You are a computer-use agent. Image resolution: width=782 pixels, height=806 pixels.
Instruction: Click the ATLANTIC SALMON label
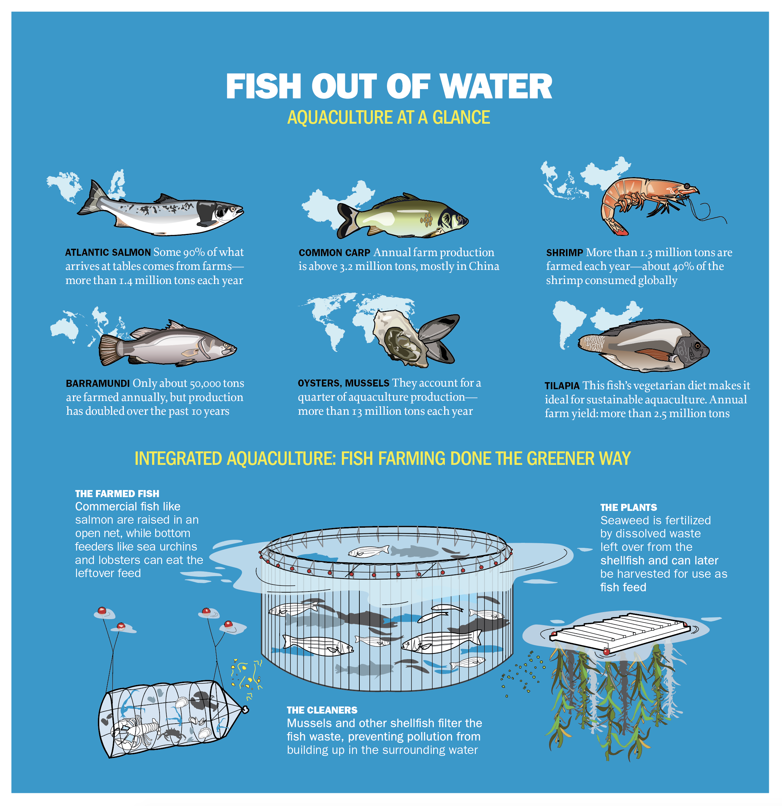pyautogui.click(x=108, y=253)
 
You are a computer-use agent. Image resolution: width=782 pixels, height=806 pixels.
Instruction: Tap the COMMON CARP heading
pyautogui.click(x=334, y=253)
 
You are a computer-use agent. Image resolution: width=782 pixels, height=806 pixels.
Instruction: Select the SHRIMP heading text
pyautogui.click(x=564, y=253)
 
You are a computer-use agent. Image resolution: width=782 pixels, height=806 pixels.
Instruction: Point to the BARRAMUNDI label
pyautogui.click(x=98, y=384)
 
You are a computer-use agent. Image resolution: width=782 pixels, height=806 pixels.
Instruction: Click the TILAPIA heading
pyautogui.click(x=562, y=386)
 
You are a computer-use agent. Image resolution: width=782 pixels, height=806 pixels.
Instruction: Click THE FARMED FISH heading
pyautogui.click(x=117, y=494)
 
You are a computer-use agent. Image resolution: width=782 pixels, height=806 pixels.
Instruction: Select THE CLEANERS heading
pyautogui.click(x=322, y=710)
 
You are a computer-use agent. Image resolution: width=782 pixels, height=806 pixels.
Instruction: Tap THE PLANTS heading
pyautogui.click(x=628, y=508)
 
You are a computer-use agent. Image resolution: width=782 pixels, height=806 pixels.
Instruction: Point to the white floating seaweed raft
pyautogui.click(x=619, y=631)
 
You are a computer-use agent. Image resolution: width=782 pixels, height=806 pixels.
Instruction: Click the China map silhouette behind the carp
pyautogui.click(x=325, y=206)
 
